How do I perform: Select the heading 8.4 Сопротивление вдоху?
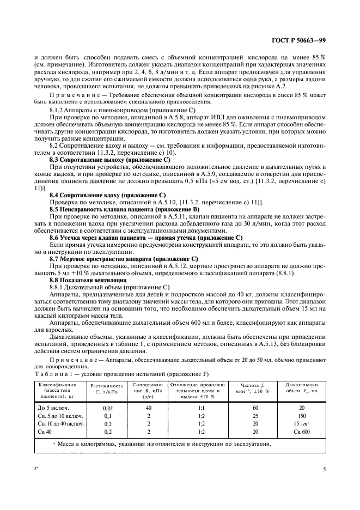107,194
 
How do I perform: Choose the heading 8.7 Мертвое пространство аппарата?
124,259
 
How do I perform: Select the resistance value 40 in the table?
148,407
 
